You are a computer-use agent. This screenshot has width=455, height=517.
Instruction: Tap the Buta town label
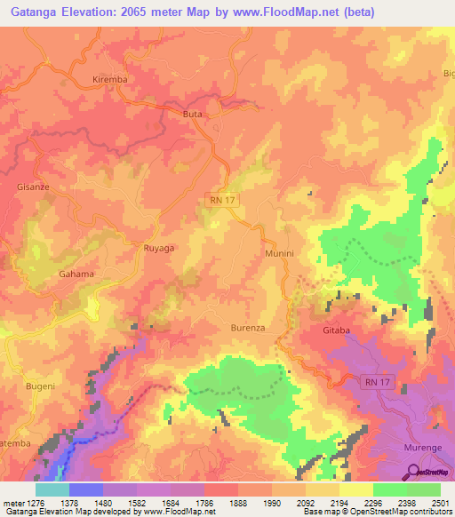point(192,115)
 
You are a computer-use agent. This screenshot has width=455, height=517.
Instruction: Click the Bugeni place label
point(40,387)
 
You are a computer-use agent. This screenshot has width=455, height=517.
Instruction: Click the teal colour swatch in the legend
point(52,489)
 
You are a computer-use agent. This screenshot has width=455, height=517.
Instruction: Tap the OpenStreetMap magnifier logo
point(414,472)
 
